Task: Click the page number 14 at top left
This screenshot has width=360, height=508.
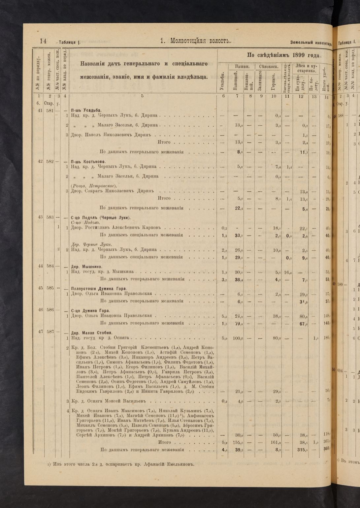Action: [x=43, y=41]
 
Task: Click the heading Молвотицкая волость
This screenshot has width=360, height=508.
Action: [x=195, y=41]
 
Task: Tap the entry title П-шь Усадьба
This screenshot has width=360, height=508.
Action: [x=86, y=110]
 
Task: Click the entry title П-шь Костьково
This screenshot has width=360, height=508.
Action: [x=88, y=162]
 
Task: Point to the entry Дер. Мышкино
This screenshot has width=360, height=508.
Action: [x=86, y=267]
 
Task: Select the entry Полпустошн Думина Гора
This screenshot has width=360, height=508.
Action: [x=99, y=288]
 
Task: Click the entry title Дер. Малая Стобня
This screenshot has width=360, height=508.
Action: [x=92, y=333]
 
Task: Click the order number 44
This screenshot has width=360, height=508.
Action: [x=41, y=266]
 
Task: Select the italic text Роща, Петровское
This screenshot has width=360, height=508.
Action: [x=92, y=186]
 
